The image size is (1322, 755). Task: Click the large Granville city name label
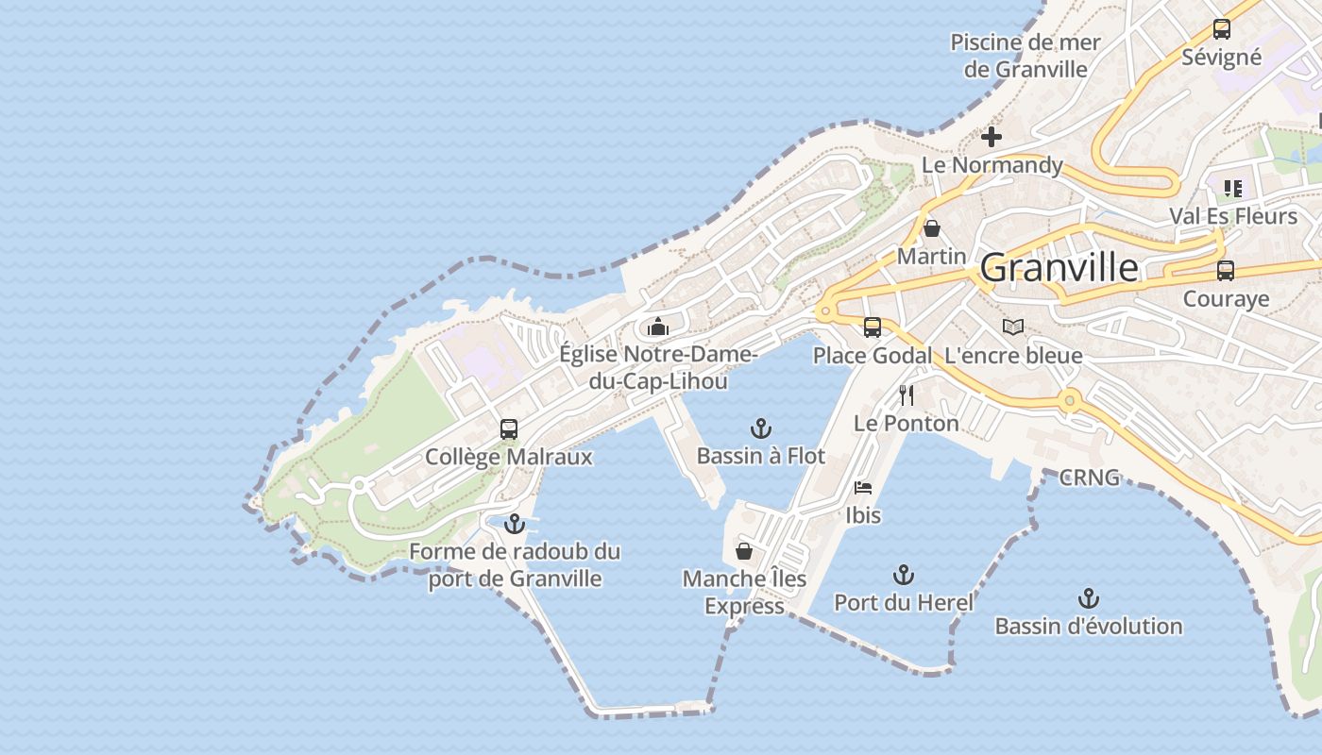pos(1059,268)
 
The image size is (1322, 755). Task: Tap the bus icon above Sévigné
pos(1221,29)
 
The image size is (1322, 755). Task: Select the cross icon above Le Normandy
pos(991,138)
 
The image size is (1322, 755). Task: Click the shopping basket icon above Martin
pos(932,228)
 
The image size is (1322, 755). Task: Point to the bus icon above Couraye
pos(1225,271)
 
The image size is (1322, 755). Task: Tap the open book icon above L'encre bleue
pos(1013,327)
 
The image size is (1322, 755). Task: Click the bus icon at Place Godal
pos(873,327)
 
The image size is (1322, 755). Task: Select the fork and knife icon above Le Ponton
pos(907,394)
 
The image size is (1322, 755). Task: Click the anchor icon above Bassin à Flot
pos(760,428)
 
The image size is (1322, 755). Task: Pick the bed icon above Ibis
pos(863,488)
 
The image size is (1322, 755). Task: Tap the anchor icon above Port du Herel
pos(904,574)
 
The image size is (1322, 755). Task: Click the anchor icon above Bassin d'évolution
pos(1089,598)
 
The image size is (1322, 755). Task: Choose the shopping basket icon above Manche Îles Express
pos(744,551)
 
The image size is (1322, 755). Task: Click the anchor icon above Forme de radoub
pos(515,523)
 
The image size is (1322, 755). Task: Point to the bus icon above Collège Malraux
pos(509,429)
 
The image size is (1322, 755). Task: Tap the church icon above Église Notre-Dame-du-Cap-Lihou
pos(658,327)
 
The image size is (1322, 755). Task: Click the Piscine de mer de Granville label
pos(1025,56)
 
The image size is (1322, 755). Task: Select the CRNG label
pos(1089,478)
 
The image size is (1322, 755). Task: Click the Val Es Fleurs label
pos(1233,216)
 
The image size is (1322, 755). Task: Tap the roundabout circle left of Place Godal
pos(827,310)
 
